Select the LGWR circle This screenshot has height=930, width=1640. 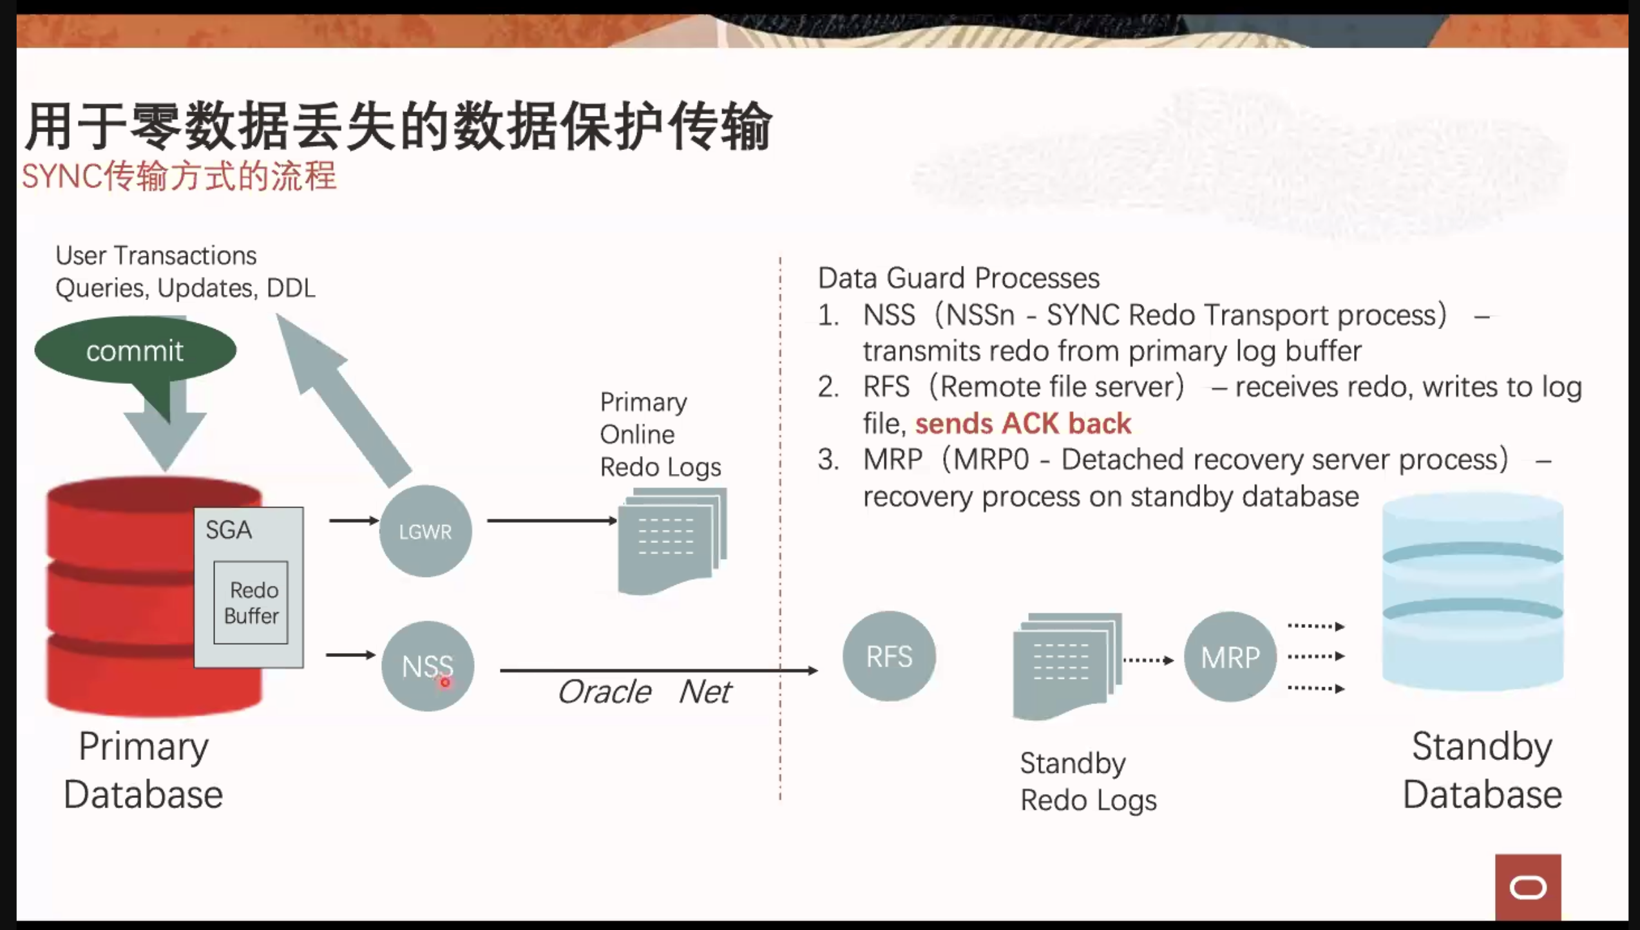click(x=425, y=531)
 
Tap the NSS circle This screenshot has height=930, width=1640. click(x=428, y=666)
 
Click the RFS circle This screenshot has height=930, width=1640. click(x=889, y=656)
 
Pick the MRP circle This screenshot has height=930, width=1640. click(x=1230, y=657)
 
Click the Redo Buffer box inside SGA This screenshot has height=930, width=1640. click(x=251, y=603)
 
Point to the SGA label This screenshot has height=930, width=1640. click(x=229, y=530)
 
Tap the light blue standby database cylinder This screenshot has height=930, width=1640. click(x=1473, y=591)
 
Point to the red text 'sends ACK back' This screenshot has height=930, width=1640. click(x=1023, y=424)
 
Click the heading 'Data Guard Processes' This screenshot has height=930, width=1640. click(x=958, y=278)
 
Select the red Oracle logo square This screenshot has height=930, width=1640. click(x=1528, y=887)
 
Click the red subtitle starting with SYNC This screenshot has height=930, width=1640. click(x=179, y=176)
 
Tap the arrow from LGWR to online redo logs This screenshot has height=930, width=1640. click(x=552, y=520)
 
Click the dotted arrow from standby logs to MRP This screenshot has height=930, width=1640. click(x=1149, y=660)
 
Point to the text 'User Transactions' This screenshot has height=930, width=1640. click(x=156, y=256)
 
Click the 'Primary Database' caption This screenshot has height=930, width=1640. click(x=144, y=770)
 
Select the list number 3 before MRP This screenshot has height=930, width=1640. click(x=828, y=460)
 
